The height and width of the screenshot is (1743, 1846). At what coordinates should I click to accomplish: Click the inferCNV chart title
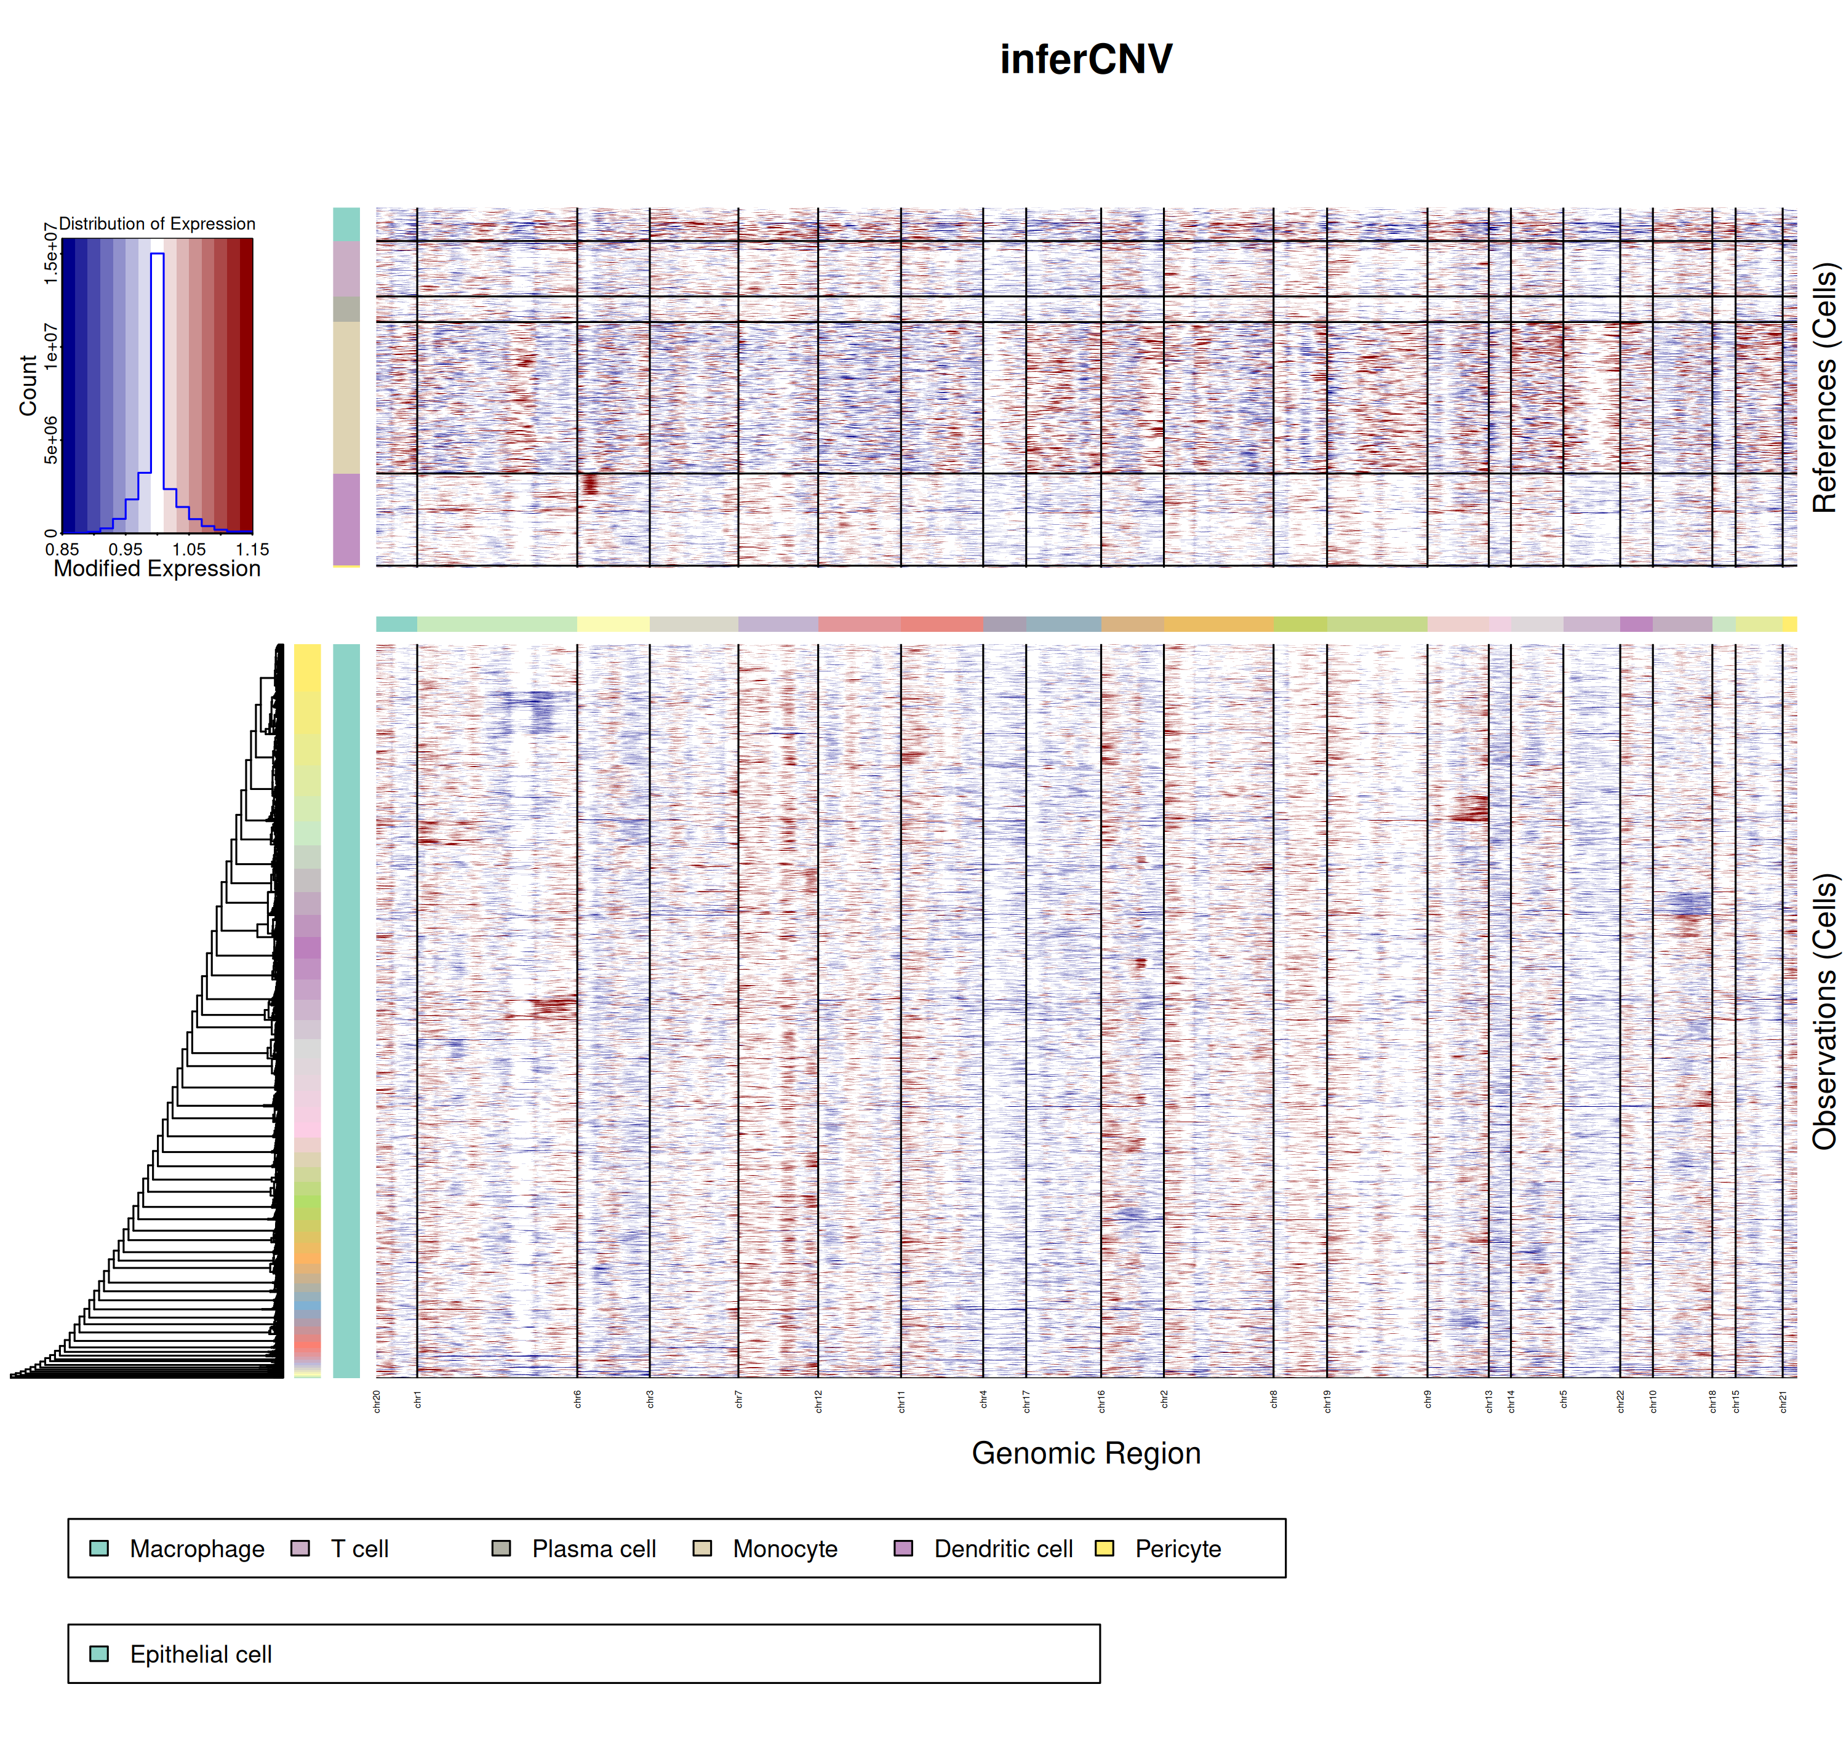pyautogui.click(x=1085, y=60)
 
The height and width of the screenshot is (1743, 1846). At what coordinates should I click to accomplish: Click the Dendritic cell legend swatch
pyautogui.click(x=903, y=1549)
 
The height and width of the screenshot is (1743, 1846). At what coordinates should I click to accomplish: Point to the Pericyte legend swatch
pyautogui.click(x=1105, y=1549)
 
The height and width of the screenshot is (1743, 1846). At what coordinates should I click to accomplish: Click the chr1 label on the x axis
pyautogui.click(x=418, y=1400)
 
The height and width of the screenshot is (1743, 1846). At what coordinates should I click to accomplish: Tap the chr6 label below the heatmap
pyautogui.click(x=578, y=1400)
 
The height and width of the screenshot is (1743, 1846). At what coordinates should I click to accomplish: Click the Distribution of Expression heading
pyautogui.click(x=157, y=224)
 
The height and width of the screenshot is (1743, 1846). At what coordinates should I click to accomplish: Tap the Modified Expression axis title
pyautogui.click(x=157, y=568)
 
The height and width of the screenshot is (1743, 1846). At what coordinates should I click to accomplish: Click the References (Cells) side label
pyautogui.click(x=1824, y=388)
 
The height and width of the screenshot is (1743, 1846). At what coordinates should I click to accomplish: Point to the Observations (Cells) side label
pyautogui.click(x=1824, y=1011)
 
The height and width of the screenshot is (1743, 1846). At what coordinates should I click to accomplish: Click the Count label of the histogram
pyautogui.click(x=28, y=386)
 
